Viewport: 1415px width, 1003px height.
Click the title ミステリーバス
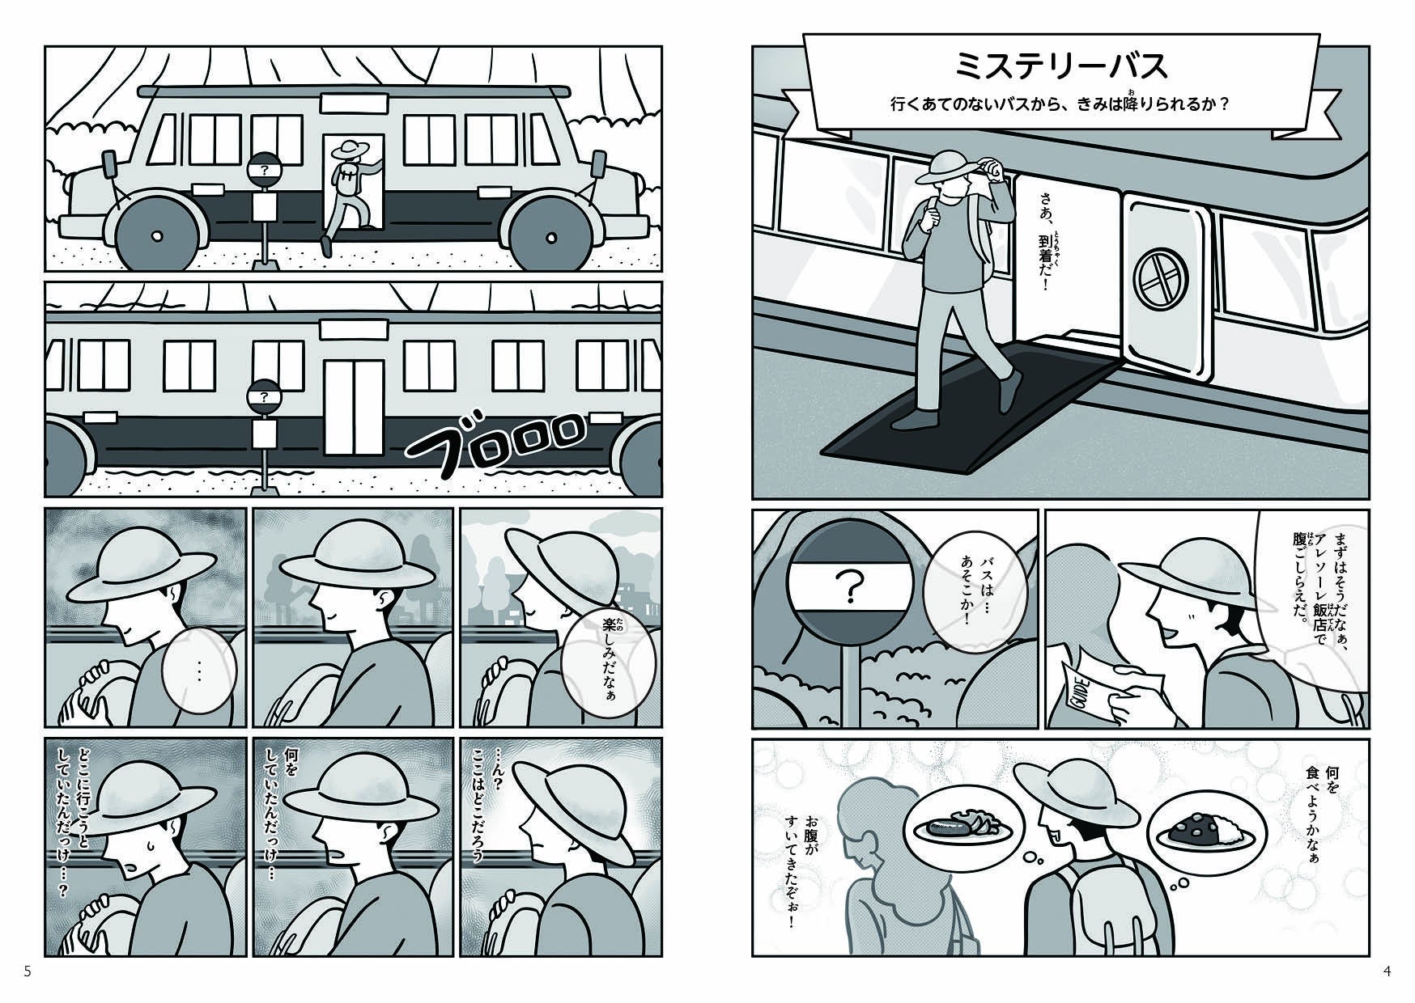(1061, 66)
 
